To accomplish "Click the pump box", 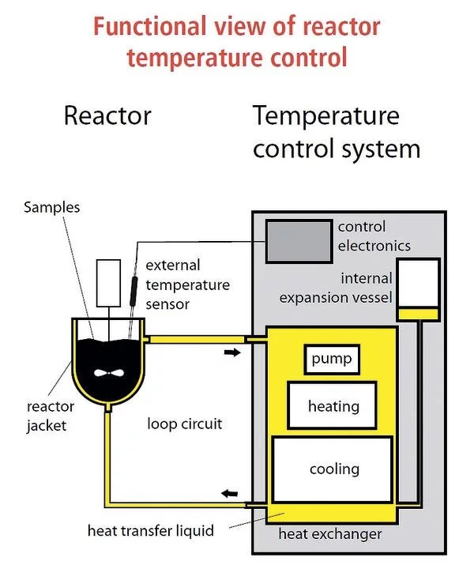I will [332, 360].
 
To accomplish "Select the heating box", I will [333, 406].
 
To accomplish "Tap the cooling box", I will [333, 469].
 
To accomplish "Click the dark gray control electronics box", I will [299, 241].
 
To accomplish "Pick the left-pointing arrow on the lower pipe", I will [228, 494].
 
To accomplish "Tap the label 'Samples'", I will [51, 208].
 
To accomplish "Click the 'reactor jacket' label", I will [51, 416].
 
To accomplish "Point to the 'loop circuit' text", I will [185, 424].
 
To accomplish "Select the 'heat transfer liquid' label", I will [150, 530].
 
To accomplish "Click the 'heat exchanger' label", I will [330, 534].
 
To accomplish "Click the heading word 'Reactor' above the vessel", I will [107, 116].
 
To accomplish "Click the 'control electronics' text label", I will [374, 235].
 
